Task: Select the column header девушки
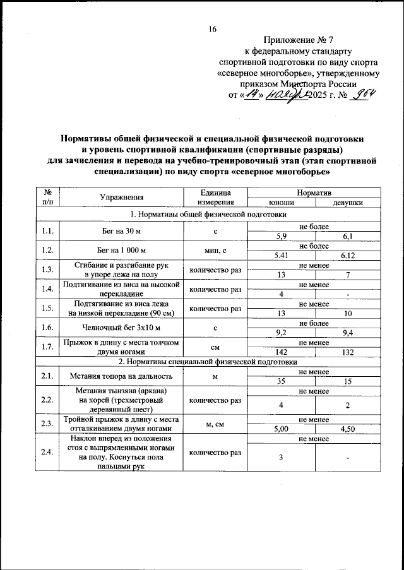347,203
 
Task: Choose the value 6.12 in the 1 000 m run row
347,256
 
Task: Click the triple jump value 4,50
347,429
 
